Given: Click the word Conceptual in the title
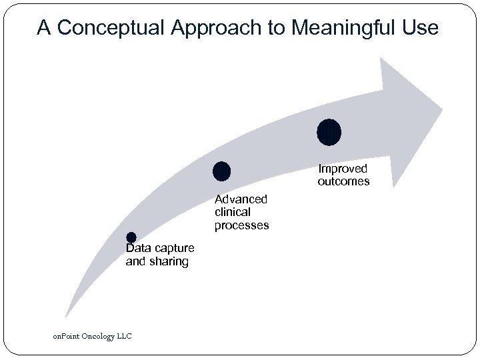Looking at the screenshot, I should point(108,28).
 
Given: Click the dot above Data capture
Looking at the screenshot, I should point(131,237).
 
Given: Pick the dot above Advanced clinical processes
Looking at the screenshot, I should point(221,171).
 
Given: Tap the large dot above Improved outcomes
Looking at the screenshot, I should point(329,132).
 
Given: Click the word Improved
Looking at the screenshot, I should point(342,169).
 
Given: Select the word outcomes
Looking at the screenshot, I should point(343,181).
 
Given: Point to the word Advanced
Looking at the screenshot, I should point(241,199).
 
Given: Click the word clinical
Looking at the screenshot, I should point(233,212).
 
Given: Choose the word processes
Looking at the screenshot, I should point(241,225).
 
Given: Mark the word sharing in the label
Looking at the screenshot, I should point(168,261).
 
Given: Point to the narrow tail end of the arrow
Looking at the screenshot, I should point(67,315).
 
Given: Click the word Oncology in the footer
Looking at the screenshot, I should point(99,336).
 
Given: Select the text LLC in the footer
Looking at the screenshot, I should point(124,336).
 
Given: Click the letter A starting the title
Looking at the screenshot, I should point(44,28).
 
